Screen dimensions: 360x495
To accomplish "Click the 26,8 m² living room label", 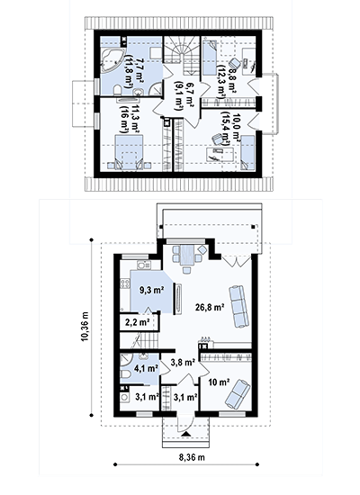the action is coord(210,307).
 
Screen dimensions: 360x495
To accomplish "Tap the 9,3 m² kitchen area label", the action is coord(151,290).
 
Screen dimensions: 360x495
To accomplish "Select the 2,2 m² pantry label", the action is coord(138,322).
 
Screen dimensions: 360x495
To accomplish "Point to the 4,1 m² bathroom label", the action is coord(146,368).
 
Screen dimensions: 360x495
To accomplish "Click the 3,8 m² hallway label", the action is coord(183,363).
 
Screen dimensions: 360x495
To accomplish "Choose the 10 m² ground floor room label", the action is coord(219,382).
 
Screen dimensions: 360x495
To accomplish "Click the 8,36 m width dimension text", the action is coord(192,457).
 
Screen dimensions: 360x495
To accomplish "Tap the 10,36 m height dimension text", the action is coord(85,327).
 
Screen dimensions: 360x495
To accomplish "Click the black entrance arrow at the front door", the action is coord(186,434).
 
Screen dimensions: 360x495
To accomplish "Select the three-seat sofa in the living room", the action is coord(238,306).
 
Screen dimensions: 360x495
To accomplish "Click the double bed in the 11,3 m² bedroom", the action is coord(129,152).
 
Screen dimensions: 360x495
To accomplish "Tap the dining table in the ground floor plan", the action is coord(187,256).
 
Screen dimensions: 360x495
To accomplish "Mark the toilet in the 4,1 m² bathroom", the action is coord(126,374).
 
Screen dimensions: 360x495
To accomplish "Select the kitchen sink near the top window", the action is coord(144,265).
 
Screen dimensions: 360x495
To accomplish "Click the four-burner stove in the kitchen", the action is coord(125,283).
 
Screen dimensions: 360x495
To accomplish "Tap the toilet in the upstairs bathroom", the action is coord(117,91).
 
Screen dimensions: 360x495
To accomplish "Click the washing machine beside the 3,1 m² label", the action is coord(125,397).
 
